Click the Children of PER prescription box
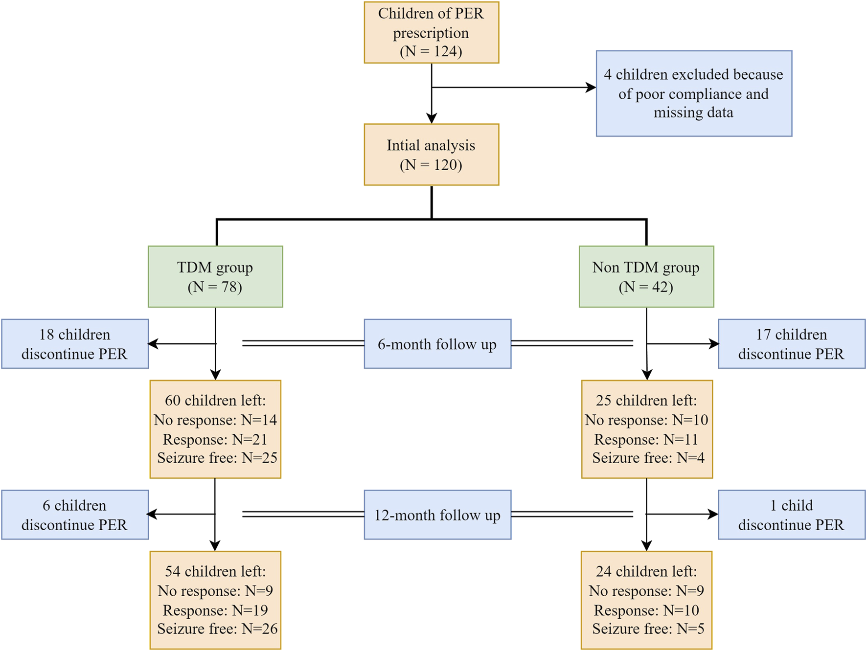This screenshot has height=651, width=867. coord(431,32)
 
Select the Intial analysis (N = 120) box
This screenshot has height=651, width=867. coord(431,155)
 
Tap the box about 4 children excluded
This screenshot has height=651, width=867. coord(693,93)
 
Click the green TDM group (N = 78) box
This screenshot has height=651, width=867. coord(215,277)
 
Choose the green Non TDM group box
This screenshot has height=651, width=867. coord(646,277)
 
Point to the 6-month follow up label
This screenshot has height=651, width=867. coord(437,344)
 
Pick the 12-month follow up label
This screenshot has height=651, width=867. coord(437,515)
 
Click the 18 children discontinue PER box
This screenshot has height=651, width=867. coord(74,344)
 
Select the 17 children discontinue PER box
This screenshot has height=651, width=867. coord(791,344)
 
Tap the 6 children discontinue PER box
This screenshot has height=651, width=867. coord(74,515)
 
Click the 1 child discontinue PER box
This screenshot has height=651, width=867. coord(791,515)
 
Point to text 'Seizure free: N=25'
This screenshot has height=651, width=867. coord(217,458)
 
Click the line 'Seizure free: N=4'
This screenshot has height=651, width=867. coord(648,458)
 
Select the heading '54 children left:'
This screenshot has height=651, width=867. coord(215,571)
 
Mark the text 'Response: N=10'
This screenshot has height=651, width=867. coord(646,610)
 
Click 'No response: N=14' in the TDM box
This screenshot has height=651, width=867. coord(215,420)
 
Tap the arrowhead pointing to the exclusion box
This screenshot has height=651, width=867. coord(591,88)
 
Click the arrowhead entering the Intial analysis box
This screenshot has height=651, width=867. coord(431,118)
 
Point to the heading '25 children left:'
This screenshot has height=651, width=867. coord(646,400)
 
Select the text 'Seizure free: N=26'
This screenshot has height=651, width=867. coord(217,629)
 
